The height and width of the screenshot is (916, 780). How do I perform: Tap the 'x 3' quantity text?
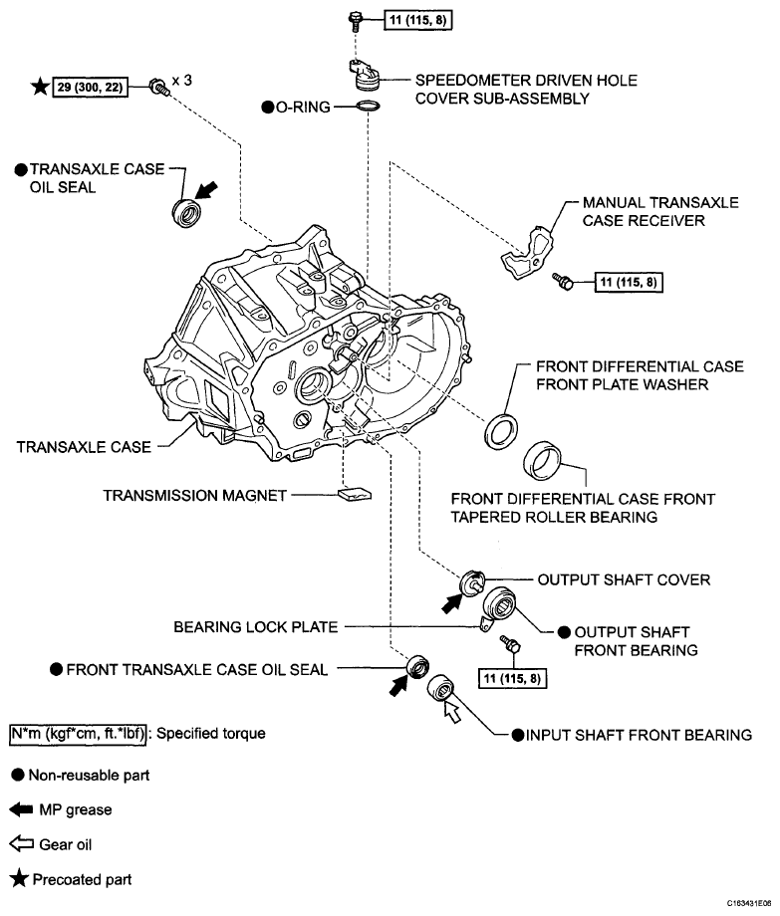pos(179,81)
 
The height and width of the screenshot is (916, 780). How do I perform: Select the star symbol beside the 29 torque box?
pos(40,88)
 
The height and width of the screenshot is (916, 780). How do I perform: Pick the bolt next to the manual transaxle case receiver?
pos(565,284)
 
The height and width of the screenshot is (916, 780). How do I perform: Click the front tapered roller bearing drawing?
pos(546,459)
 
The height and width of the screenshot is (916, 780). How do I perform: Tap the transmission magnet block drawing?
pos(355,493)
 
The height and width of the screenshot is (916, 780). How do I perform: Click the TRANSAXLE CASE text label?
pos(84,447)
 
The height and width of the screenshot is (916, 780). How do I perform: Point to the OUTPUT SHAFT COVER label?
pos(624,579)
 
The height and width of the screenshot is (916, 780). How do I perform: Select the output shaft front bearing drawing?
pos(502,605)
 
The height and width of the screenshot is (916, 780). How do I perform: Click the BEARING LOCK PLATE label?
pos(256,627)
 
